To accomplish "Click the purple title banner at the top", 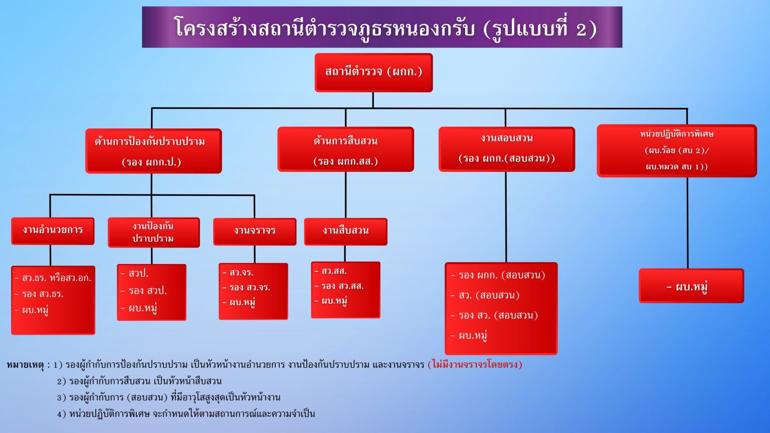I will coord(382,27).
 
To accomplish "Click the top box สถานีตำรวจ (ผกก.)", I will coord(373,72).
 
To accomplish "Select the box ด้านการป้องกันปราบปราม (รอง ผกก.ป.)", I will coord(153,151).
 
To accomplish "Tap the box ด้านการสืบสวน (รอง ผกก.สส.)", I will coord(345,150).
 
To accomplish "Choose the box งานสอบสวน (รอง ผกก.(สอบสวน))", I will coord(506,149).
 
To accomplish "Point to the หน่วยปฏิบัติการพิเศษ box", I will coord(676,150).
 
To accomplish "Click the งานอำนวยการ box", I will coord(53,231).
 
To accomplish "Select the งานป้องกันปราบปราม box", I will coord(153,232).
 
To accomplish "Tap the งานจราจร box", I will coord(255,231).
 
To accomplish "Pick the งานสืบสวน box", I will coord(345,231).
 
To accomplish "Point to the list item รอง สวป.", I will coord(147,291).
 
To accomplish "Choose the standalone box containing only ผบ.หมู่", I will coord(691,286).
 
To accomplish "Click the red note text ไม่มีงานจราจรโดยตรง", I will coord(475,364).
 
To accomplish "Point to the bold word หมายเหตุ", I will coord(26,365).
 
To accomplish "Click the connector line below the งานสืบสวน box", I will coord(345,254).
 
